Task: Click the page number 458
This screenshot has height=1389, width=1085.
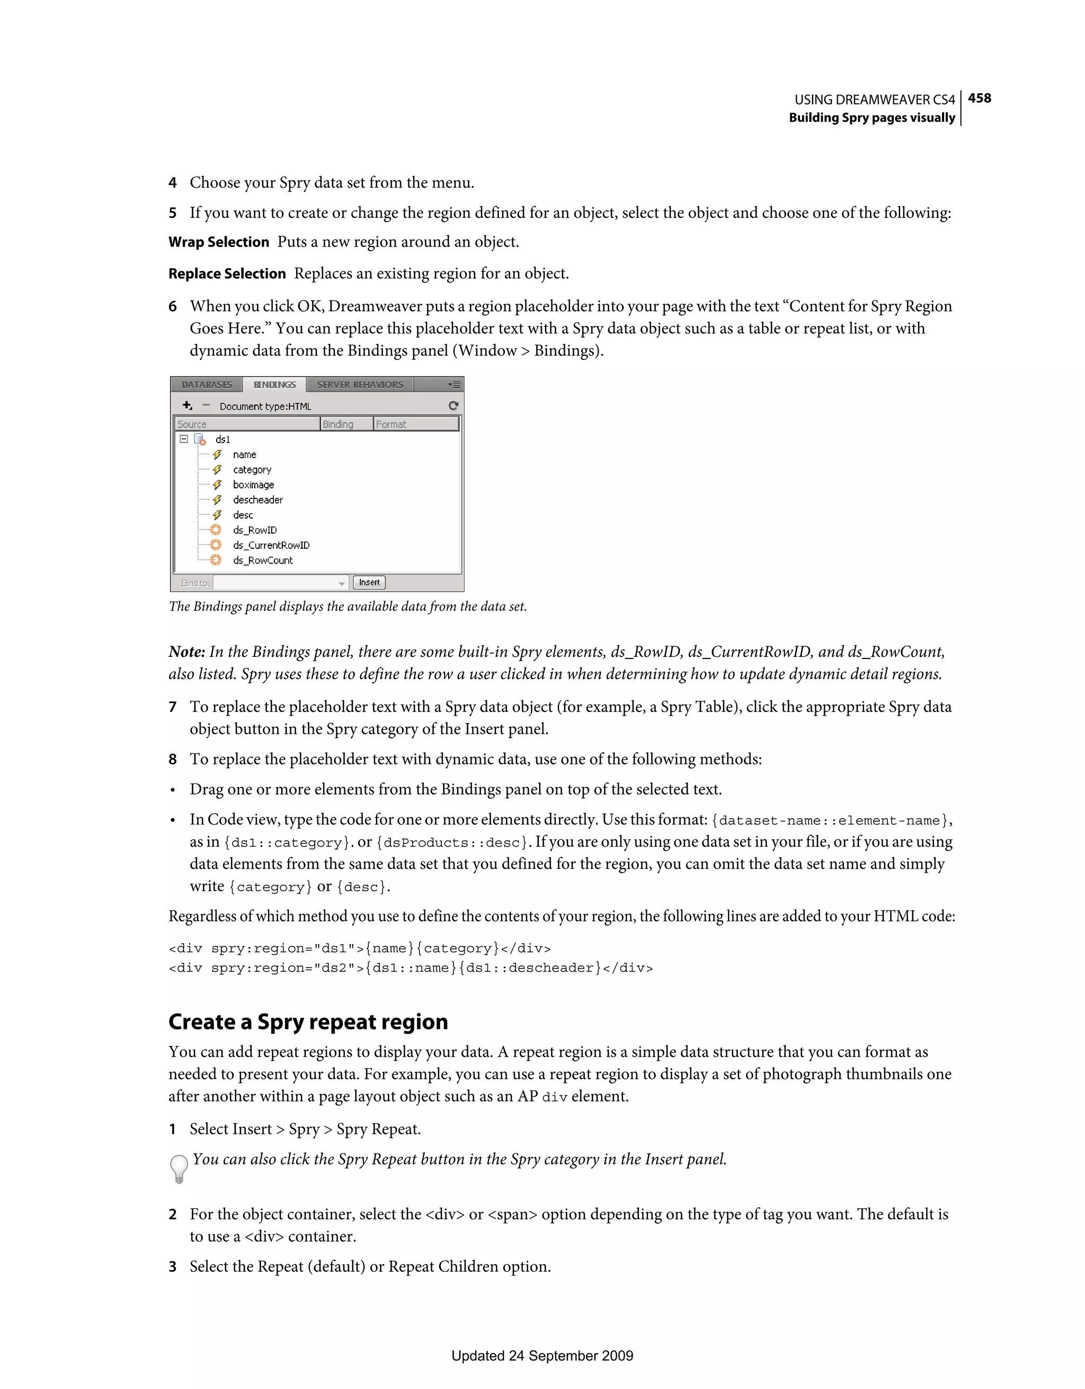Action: point(979,98)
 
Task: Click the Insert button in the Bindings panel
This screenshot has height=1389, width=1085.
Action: point(369,582)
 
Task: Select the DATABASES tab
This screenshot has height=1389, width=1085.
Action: point(207,385)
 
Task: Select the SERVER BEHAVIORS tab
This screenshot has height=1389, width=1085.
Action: point(360,385)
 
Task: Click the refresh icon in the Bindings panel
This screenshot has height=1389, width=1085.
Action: point(453,406)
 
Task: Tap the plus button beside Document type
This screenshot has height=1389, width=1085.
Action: point(187,406)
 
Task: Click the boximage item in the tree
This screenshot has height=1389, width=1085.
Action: point(253,485)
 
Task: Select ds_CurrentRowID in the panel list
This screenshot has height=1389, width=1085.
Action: point(271,545)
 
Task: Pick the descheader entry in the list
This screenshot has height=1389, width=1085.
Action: point(257,500)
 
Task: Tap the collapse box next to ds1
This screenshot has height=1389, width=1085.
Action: point(184,439)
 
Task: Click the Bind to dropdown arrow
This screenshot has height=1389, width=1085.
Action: point(341,583)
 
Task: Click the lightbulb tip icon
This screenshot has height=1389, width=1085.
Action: point(179,1168)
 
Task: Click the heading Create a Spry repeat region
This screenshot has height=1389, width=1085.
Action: point(308,1022)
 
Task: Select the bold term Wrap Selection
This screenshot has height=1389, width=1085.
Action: point(219,242)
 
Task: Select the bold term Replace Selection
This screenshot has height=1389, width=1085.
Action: point(227,274)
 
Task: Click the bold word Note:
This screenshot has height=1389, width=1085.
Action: point(186,652)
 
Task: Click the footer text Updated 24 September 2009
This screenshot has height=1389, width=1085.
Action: point(542,1356)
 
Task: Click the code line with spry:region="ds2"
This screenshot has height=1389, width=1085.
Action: point(411,968)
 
